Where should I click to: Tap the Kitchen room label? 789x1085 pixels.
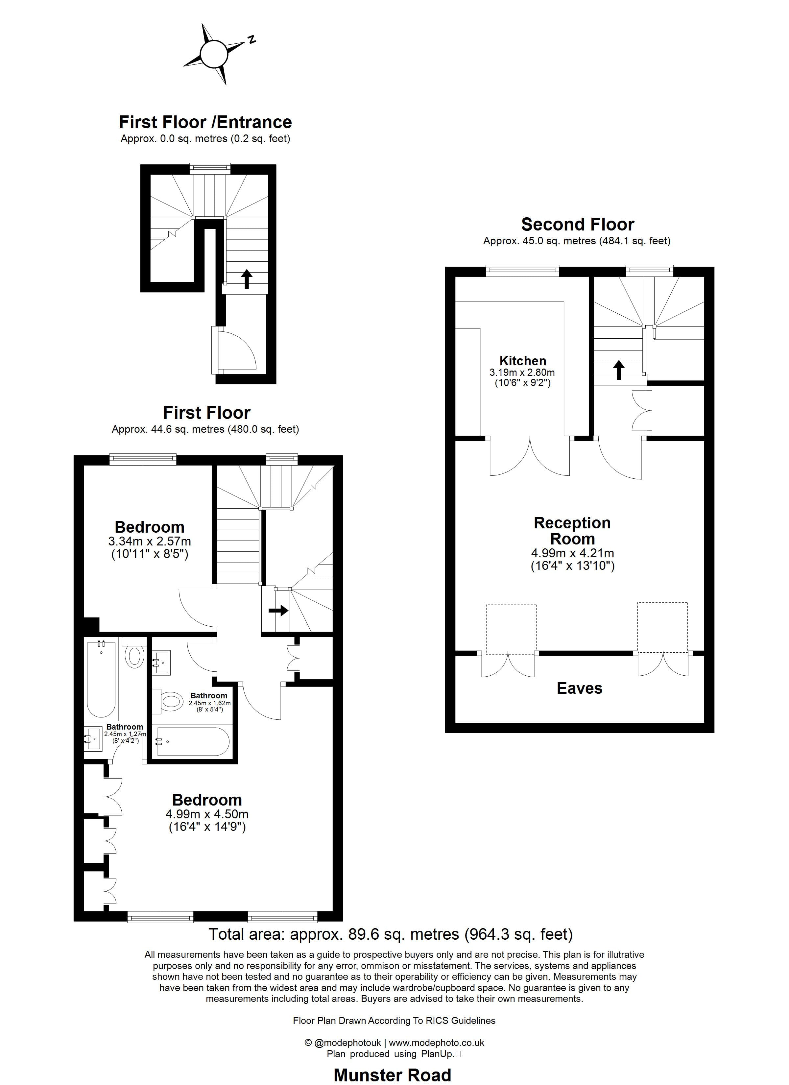522,361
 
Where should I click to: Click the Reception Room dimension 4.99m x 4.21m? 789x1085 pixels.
572,553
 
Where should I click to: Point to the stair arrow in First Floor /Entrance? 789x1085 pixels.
247,279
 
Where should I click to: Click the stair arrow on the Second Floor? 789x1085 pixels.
619,370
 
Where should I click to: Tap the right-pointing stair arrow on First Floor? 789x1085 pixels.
278,611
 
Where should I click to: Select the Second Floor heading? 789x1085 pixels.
578,224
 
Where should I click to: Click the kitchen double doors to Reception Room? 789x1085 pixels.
530,457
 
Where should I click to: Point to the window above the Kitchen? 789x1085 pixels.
522,271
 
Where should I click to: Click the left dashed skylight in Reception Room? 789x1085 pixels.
511,629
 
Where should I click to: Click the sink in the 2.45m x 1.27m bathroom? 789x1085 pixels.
94,739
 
